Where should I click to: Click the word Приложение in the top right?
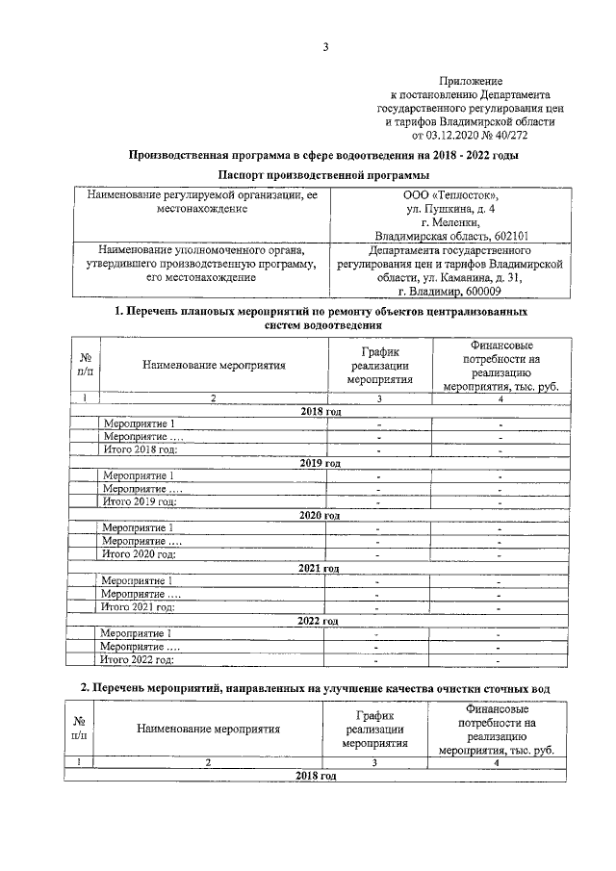coord(473,82)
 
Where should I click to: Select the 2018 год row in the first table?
coord(321,411)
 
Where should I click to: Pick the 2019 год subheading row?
coord(321,463)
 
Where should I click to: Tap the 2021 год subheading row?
coord(321,568)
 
